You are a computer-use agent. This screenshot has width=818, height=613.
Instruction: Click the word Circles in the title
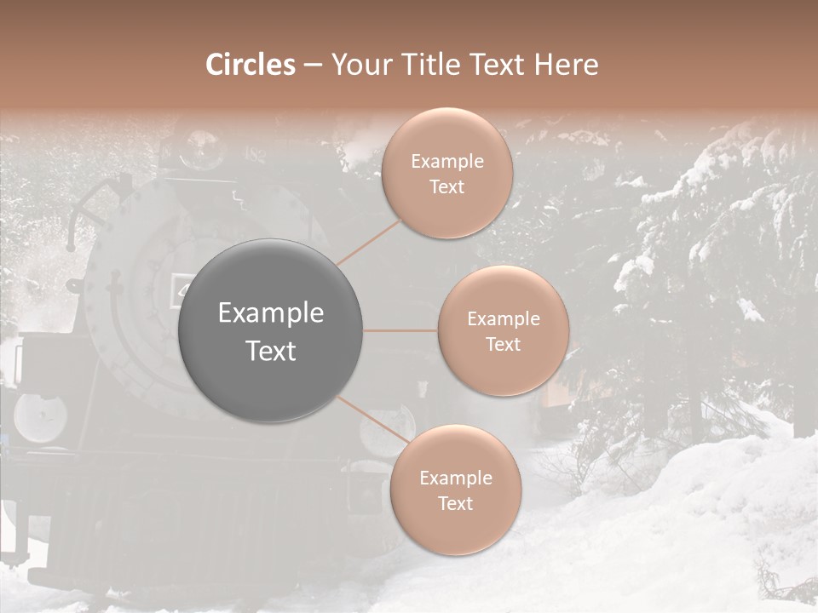pos(250,65)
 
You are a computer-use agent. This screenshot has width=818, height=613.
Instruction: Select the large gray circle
pos(271,331)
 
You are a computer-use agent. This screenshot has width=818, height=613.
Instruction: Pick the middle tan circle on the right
pos(503,331)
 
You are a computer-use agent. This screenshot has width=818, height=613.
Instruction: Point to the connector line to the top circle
pos(369,242)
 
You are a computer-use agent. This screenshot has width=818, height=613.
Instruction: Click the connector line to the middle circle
pos(400,331)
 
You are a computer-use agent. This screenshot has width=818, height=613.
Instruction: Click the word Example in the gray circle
pos(271,313)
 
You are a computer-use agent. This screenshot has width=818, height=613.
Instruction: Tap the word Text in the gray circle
pos(271,351)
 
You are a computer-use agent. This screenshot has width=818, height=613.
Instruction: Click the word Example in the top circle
pos(447,162)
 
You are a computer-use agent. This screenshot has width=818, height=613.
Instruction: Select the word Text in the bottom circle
pos(455,503)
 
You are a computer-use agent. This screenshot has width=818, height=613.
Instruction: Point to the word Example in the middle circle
pos(503,319)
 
